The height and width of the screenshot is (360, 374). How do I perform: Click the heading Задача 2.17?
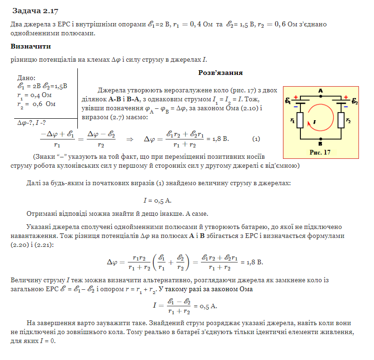coord(35,10)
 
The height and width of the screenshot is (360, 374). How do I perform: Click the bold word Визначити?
coord(31,47)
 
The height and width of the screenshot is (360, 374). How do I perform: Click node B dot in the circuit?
coord(321,139)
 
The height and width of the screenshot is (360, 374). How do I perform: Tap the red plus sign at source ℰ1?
coord(296,97)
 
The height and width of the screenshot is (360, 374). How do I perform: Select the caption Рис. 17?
coord(320,152)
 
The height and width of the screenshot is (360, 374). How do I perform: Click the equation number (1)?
coord(256,139)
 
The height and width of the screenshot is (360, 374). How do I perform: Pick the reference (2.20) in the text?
coord(20,245)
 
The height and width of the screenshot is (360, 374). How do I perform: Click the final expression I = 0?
coord(47,341)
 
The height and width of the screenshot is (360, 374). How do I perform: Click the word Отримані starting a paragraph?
coord(43,213)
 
